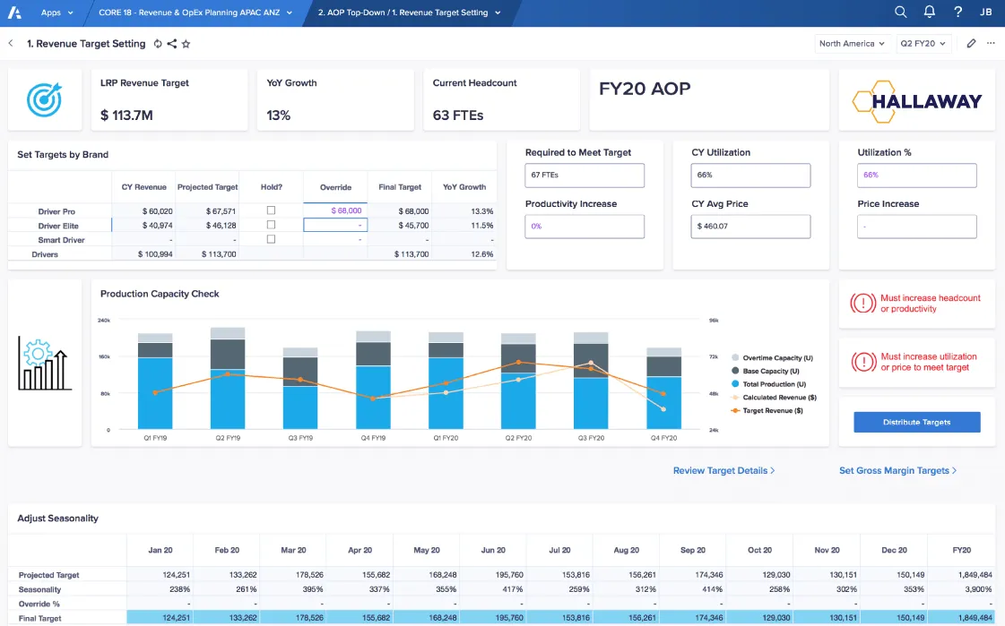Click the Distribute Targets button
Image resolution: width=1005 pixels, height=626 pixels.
[916, 422]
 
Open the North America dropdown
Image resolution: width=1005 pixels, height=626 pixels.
[852, 43]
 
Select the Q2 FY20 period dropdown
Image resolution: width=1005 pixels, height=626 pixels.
[923, 43]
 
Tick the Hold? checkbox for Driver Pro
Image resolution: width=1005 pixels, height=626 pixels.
[271, 210]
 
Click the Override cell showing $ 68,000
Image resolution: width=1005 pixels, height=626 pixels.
[335, 210]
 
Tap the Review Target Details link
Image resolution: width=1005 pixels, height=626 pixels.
[723, 470]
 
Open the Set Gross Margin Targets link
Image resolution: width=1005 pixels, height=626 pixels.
[897, 470]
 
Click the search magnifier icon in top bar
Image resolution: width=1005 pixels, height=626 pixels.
[901, 13]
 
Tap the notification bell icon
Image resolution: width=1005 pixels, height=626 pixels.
[930, 13]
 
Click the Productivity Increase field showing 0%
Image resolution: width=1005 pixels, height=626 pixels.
[585, 227]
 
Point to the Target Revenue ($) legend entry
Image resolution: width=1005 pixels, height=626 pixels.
[772, 410]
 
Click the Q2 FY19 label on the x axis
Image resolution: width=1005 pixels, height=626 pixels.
[227, 439]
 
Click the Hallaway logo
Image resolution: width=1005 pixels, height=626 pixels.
[916, 101]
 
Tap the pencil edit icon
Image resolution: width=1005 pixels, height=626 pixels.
[972, 43]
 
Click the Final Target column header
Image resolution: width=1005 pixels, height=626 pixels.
[400, 187]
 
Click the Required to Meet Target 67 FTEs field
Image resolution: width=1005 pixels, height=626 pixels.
[585, 176]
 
